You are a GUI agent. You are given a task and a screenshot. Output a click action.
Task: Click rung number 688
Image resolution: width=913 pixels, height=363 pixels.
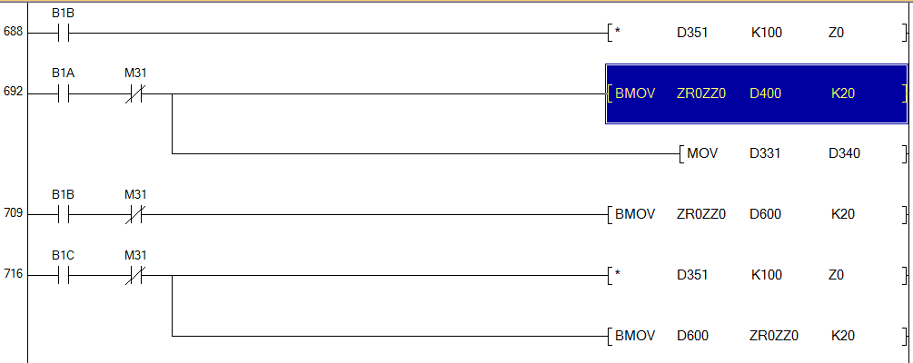[x=13, y=33]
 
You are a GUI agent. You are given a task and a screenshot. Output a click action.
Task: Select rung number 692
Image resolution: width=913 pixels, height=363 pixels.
[x=13, y=93]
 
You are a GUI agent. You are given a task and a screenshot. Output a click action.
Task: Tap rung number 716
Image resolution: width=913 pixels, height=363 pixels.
[x=13, y=274]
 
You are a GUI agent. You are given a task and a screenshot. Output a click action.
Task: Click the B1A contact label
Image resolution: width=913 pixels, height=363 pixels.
[x=63, y=73]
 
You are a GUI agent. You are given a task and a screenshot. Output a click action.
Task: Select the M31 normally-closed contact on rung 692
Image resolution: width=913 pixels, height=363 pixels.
[x=135, y=93]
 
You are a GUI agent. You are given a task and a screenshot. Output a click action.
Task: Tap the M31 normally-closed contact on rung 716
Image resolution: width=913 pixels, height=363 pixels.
[x=135, y=274]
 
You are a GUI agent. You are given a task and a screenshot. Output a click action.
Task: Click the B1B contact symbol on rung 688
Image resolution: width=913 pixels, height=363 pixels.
[x=63, y=34]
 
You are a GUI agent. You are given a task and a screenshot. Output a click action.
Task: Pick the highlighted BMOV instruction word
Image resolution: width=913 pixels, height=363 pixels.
[x=634, y=93]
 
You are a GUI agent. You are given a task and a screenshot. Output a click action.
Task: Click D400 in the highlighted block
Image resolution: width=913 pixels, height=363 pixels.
[x=765, y=93]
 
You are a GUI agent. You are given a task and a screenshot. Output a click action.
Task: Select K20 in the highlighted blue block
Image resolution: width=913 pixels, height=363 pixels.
[x=843, y=93]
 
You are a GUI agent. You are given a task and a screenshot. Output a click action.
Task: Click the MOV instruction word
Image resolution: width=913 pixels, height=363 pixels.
[x=702, y=153]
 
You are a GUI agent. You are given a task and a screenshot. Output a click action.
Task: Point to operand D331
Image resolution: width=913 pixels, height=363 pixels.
[x=765, y=153]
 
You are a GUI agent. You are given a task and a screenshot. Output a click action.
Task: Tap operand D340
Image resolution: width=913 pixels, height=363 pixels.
[x=844, y=153]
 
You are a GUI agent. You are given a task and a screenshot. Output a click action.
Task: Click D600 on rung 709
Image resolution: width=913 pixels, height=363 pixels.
[x=765, y=215]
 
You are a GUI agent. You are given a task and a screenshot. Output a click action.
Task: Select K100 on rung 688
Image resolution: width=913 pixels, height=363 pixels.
[x=766, y=34]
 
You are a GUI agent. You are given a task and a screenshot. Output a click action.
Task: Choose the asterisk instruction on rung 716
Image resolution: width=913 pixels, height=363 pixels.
[x=618, y=275]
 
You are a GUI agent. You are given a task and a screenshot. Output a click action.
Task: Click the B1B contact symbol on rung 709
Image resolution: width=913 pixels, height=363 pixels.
[x=63, y=215]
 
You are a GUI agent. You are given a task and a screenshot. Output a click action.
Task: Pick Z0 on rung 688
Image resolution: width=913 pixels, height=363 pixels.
[x=837, y=34]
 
